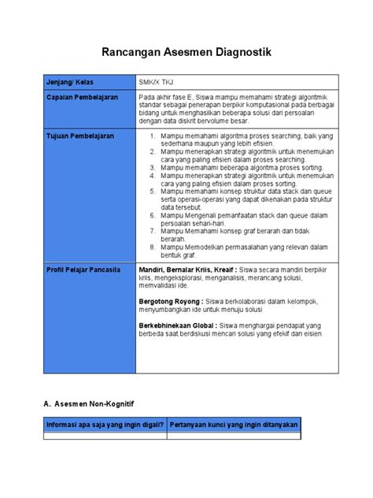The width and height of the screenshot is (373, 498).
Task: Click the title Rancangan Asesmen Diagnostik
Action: (x=186, y=53)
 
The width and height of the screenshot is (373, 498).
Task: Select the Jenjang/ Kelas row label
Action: (x=70, y=83)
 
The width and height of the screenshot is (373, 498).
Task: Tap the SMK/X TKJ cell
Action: (x=155, y=83)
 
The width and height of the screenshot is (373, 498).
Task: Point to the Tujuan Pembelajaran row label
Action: (x=80, y=136)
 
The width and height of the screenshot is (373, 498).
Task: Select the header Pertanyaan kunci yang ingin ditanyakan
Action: (x=234, y=425)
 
